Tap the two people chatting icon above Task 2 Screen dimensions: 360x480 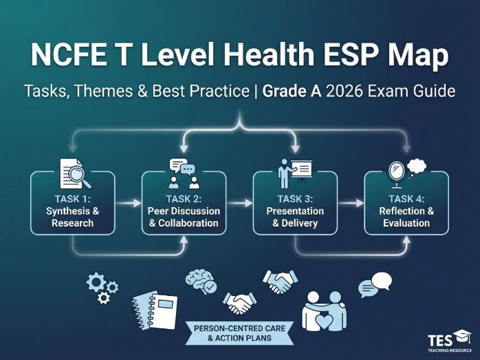[x=184, y=173]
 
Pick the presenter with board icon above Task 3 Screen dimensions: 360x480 [x=294, y=173]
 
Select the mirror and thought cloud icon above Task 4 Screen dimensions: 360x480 [x=406, y=174]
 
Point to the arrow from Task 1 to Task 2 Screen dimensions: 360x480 [x=128, y=204]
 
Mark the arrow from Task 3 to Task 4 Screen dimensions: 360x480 [x=351, y=204]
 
